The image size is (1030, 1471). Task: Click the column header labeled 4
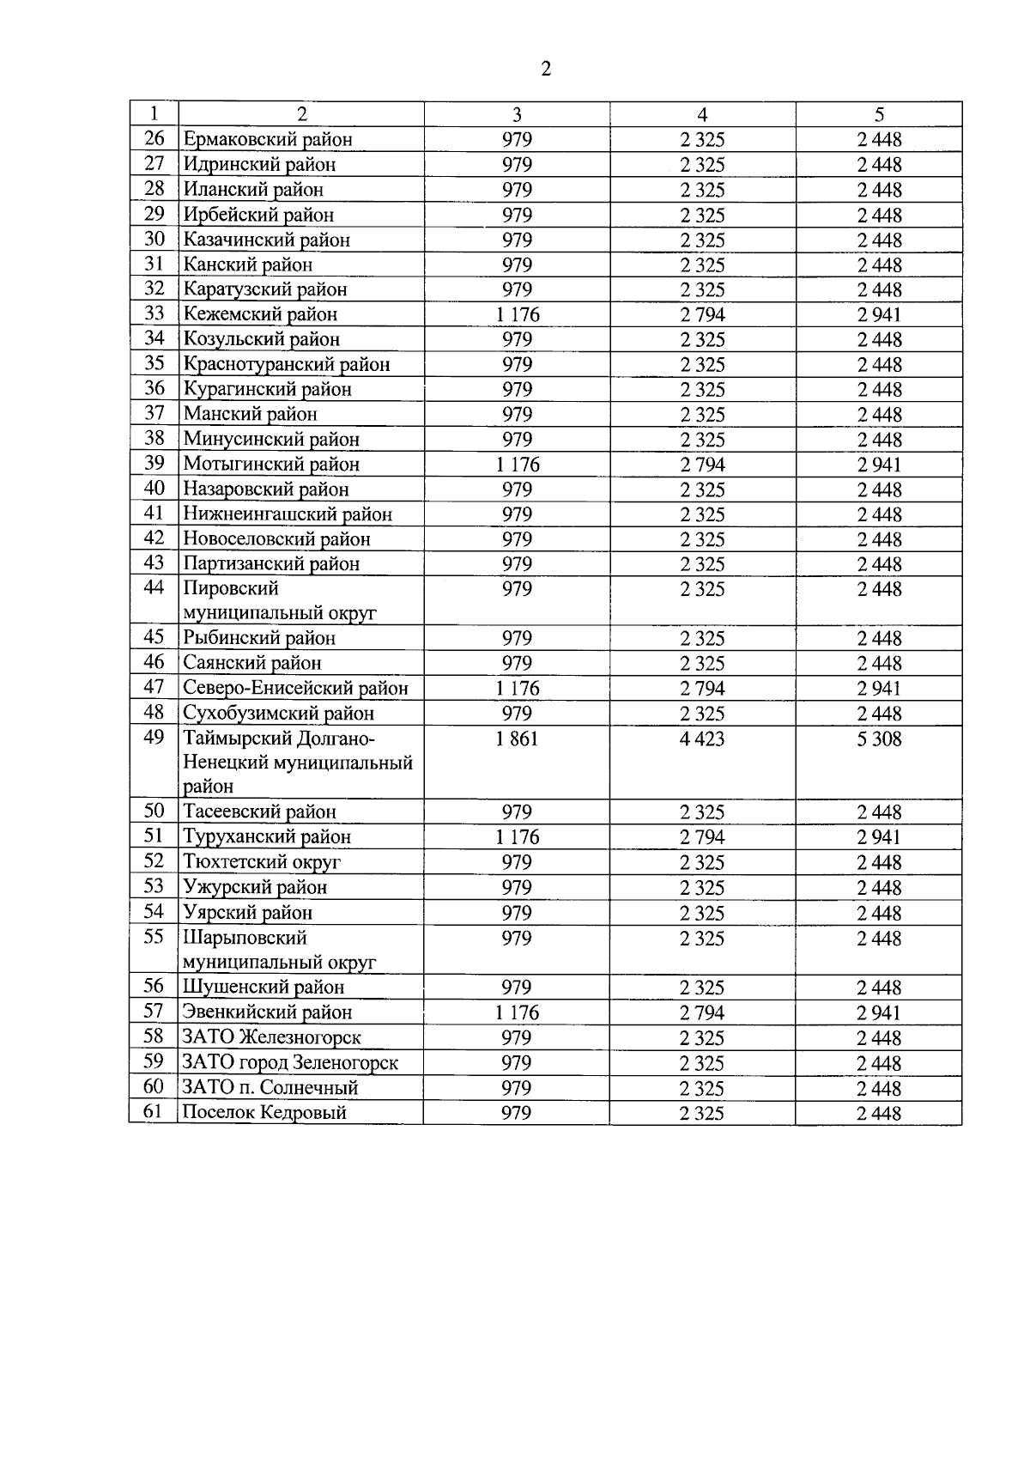[702, 114]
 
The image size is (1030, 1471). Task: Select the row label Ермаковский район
[268, 139]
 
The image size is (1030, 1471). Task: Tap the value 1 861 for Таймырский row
[517, 739]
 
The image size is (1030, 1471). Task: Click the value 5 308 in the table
[879, 739]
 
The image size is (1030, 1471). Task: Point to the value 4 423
[702, 739]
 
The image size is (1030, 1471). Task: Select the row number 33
[154, 314]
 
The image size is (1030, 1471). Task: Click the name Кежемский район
[260, 314]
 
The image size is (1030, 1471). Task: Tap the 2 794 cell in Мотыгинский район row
[702, 465]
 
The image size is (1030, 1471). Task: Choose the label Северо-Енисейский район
[295, 688]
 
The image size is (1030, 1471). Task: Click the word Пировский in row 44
[231, 589]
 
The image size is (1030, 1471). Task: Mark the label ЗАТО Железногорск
[272, 1037]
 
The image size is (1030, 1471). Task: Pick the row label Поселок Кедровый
[265, 1113]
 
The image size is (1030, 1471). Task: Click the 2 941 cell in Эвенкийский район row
[879, 1013]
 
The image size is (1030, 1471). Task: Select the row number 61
[154, 1112]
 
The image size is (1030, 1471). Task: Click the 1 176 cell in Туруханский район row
[517, 837]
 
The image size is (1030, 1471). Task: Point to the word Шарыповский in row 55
[245, 938]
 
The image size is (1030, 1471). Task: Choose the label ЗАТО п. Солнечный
[270, 1088]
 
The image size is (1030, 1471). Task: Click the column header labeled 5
[879, 114]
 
